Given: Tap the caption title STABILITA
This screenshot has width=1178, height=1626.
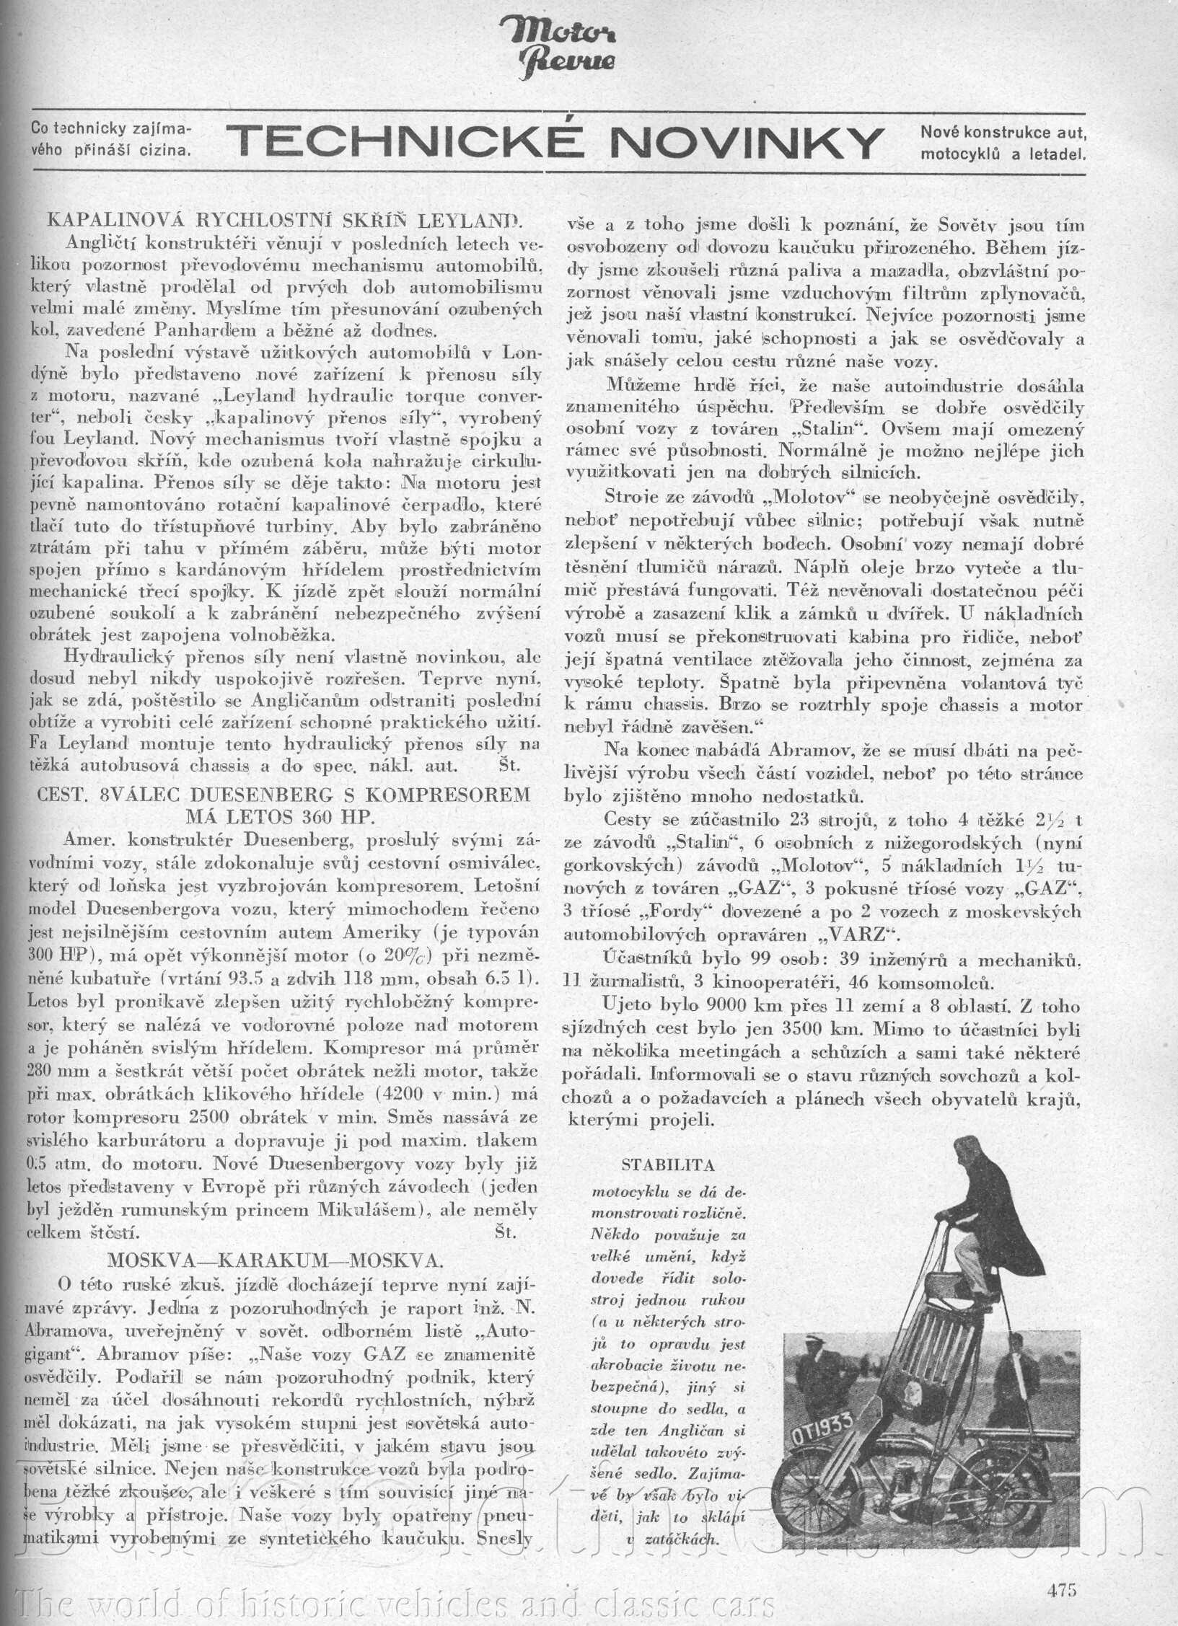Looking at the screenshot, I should (667, 1164).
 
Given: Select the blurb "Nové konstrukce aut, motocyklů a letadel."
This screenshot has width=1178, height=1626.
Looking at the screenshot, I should (1003, 142).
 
